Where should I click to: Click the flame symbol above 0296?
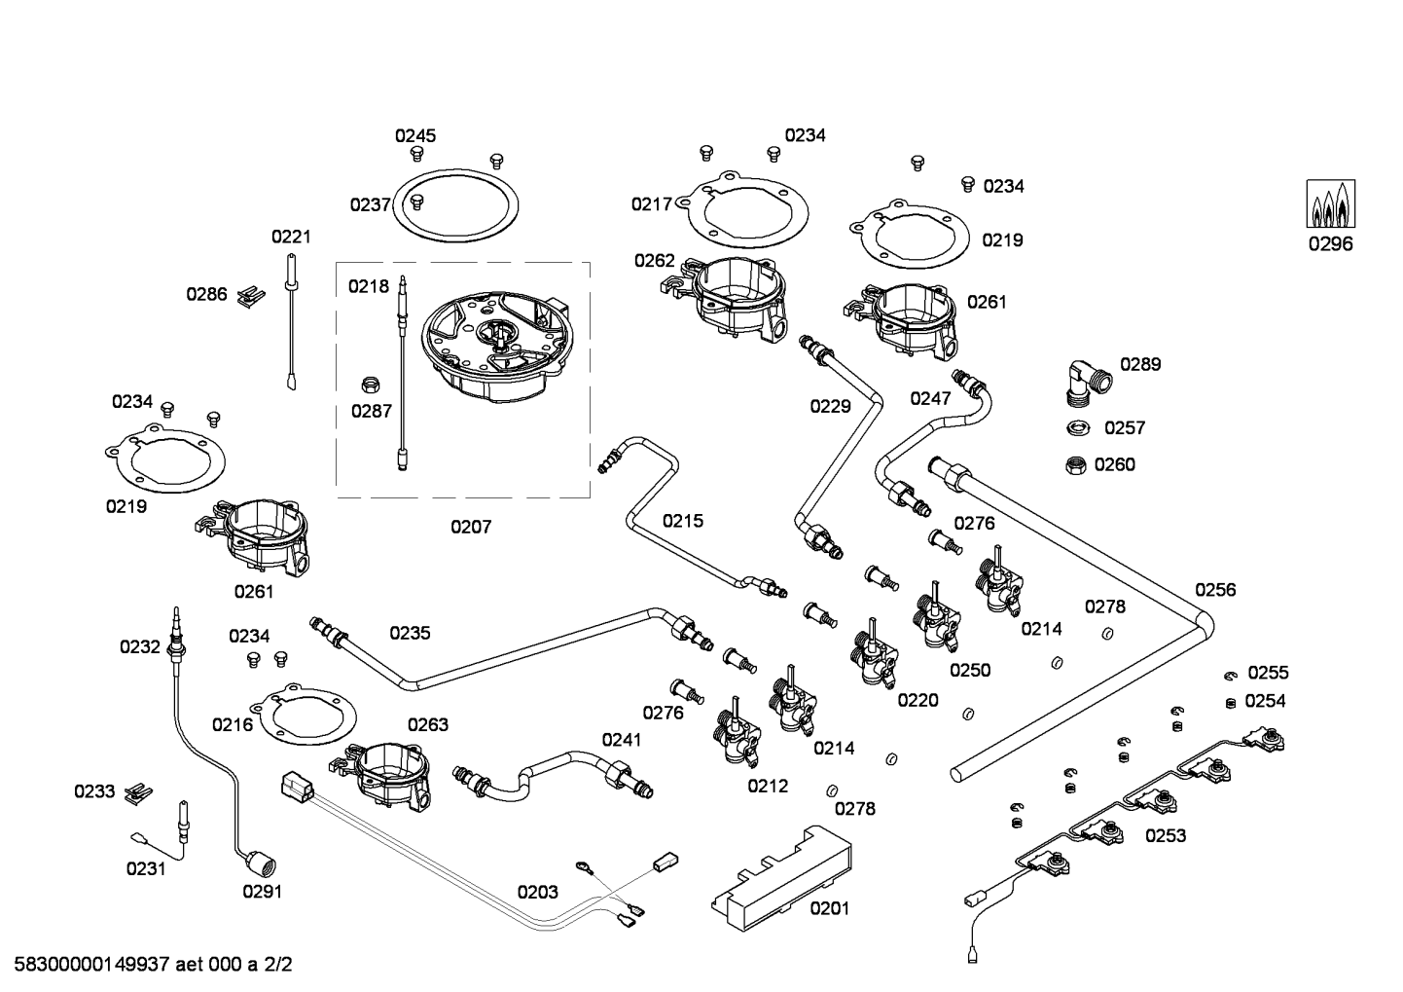pos(1330,204)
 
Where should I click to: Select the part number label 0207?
pos(471,527)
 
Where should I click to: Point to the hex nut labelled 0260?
pos(1076,464)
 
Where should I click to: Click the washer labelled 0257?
pos(1077,427)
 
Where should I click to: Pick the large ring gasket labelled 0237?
pos(455,207)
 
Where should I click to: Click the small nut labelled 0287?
pos(370,382)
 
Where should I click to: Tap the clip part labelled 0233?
pos(139,791)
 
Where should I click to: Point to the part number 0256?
pos(1215,589)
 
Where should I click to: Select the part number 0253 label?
pos(1166,835)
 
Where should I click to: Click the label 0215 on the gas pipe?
pos(682,521)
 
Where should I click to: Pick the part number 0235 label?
pos(410,633)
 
